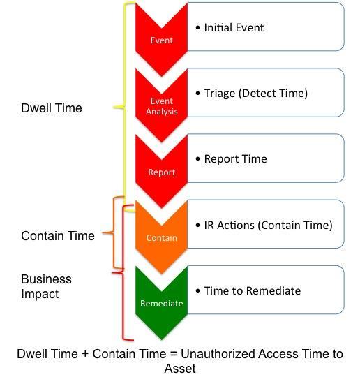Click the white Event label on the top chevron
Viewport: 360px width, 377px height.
pyautogui.click(x=161, y=40)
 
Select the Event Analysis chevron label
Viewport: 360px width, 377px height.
pyautogui.click(x=161, y=106)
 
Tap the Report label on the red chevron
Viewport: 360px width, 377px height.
pyautogui.click(x=161, y=172)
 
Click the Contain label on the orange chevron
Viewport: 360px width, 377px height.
pyautogui.click(x=161, y=238)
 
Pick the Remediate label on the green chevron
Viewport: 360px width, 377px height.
pyautogui.click(x=161, y=304)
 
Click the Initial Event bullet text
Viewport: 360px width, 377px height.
pyautogui.click(x=234, y=27)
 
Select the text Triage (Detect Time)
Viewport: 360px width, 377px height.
pyautogui.click(x=256, y=94)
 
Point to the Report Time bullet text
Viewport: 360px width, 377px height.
pyautogui.click(x=236, y=159)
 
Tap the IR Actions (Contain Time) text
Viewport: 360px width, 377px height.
pyautogui.click(x=268, y=225)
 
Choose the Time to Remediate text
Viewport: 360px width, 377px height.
pyautogui.click(x=253, y=290)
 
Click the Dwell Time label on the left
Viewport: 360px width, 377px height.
pyautogui.click(x=52, y=108)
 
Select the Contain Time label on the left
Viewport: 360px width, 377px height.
pyautogui.click(x=58, y=236)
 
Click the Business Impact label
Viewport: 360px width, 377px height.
pyautogui.click(x=46, y=286)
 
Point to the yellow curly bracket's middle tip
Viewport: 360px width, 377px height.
pyautogui.click(x=114, y=108)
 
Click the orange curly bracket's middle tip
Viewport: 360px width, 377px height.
pyautogui.click(x=103, y=232)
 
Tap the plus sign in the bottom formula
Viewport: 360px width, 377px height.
pyautogui.click(x=85, y=355)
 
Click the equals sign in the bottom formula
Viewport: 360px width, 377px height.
pyautogui.click(x=173, y=355)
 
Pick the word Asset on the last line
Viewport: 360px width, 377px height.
pyautogui.click(x=180, y=369)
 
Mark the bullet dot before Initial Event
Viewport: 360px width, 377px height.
pyautogui.click(x=197, y=28)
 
